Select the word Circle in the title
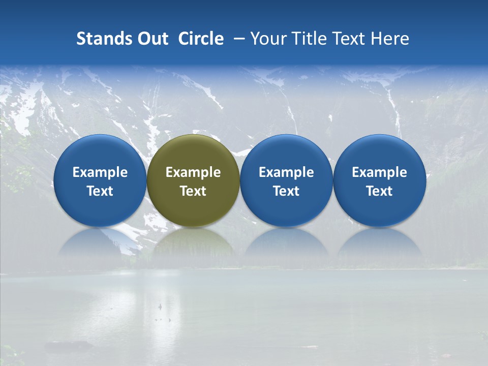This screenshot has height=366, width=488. (x=201, y=39)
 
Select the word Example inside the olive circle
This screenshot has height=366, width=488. (x=193, y=172)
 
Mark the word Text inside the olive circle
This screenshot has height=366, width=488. (x=193, y=191)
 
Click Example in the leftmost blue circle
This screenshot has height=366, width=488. (x=100, y=172)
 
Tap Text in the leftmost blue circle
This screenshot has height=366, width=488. (x=100, y=191)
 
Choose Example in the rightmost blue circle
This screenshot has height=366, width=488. (x=379, y=172)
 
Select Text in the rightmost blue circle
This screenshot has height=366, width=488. (x=379, y=191)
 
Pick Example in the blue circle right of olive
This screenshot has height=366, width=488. (x=286, y=172)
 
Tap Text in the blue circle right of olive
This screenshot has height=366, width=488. (x=286, y=191)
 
